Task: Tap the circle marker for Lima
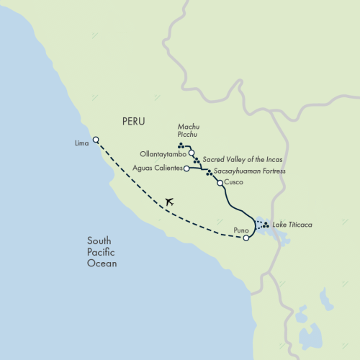click(96, 140)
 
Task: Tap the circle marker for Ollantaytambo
click(192, 153)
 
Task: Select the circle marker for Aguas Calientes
click(186, 168)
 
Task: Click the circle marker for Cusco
click(220, 183)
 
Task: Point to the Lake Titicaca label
click(292, 225)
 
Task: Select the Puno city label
click(242, 230)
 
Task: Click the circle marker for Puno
click(246, 238)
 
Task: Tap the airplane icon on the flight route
click(169, 202)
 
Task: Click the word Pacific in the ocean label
click(102, 253)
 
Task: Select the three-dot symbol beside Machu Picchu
click(181, 146)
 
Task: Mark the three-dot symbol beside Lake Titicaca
click(266, 225)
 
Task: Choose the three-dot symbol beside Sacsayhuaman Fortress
click(209, 173)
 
